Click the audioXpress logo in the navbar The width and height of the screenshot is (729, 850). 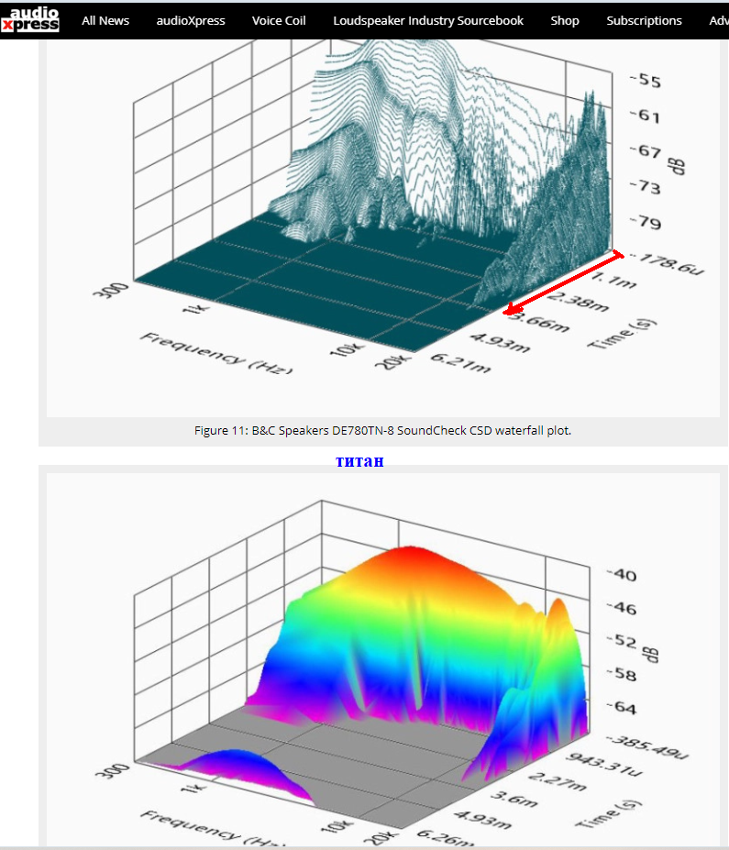pos(30,19)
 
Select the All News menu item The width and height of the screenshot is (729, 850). pos(105,20)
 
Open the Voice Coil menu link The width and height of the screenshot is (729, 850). pos(279,20)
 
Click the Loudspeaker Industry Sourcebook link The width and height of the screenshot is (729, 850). pos(428,20)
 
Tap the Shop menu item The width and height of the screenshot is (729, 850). pos(565,20)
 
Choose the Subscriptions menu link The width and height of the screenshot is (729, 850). pos(644,20)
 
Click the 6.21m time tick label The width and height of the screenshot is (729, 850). pos(467,366)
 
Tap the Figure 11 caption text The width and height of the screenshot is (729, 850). pos(382,430)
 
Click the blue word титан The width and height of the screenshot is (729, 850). pos(359,460)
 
